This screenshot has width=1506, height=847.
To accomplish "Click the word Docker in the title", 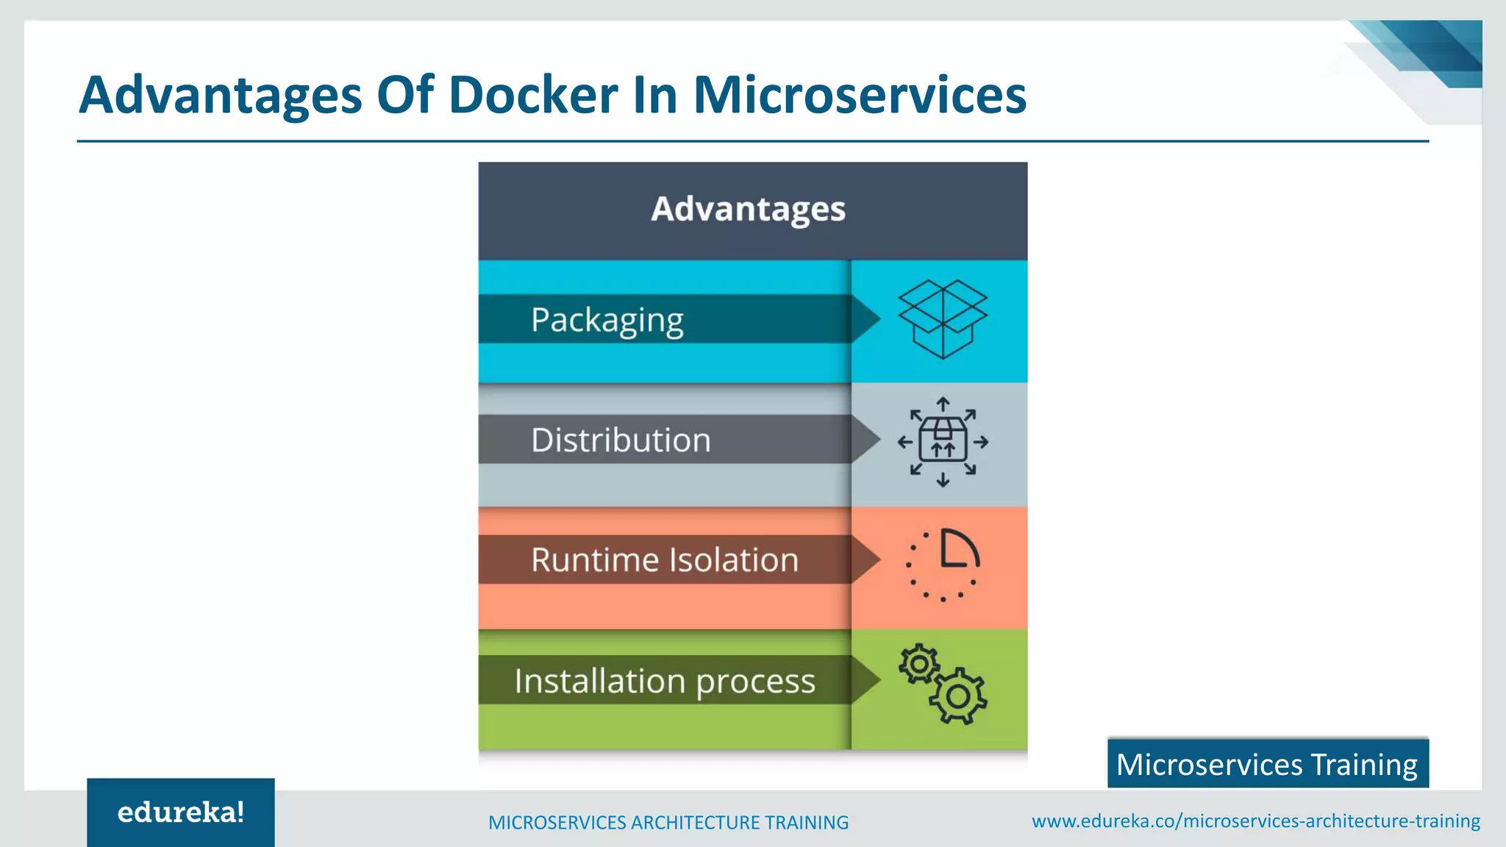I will click(x=533, y=96).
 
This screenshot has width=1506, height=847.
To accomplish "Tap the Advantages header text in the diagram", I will click(x=748, y=210).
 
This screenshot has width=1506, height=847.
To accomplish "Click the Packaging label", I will click(x=607, y=320).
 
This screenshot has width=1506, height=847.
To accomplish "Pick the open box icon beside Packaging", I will click(x=943, y=319).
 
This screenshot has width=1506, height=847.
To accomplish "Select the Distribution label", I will click(x=621, y=440).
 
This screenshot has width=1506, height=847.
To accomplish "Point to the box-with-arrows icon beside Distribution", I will click(x=943, y=442).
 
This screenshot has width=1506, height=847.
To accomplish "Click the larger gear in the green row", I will click(x=957, y=696).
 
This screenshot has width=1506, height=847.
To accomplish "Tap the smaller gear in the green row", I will click(x=918, y=665).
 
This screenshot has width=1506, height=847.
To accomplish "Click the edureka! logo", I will click(x=181, y=812).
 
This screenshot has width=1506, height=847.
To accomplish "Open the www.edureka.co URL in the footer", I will click(x=1256, y=821).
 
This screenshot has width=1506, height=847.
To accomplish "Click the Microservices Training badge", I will click(x=1267, y=765).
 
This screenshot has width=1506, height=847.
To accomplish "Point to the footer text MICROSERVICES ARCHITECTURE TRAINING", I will click(x=668, y=822).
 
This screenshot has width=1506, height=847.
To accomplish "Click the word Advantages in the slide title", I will click(x=221, y=96).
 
